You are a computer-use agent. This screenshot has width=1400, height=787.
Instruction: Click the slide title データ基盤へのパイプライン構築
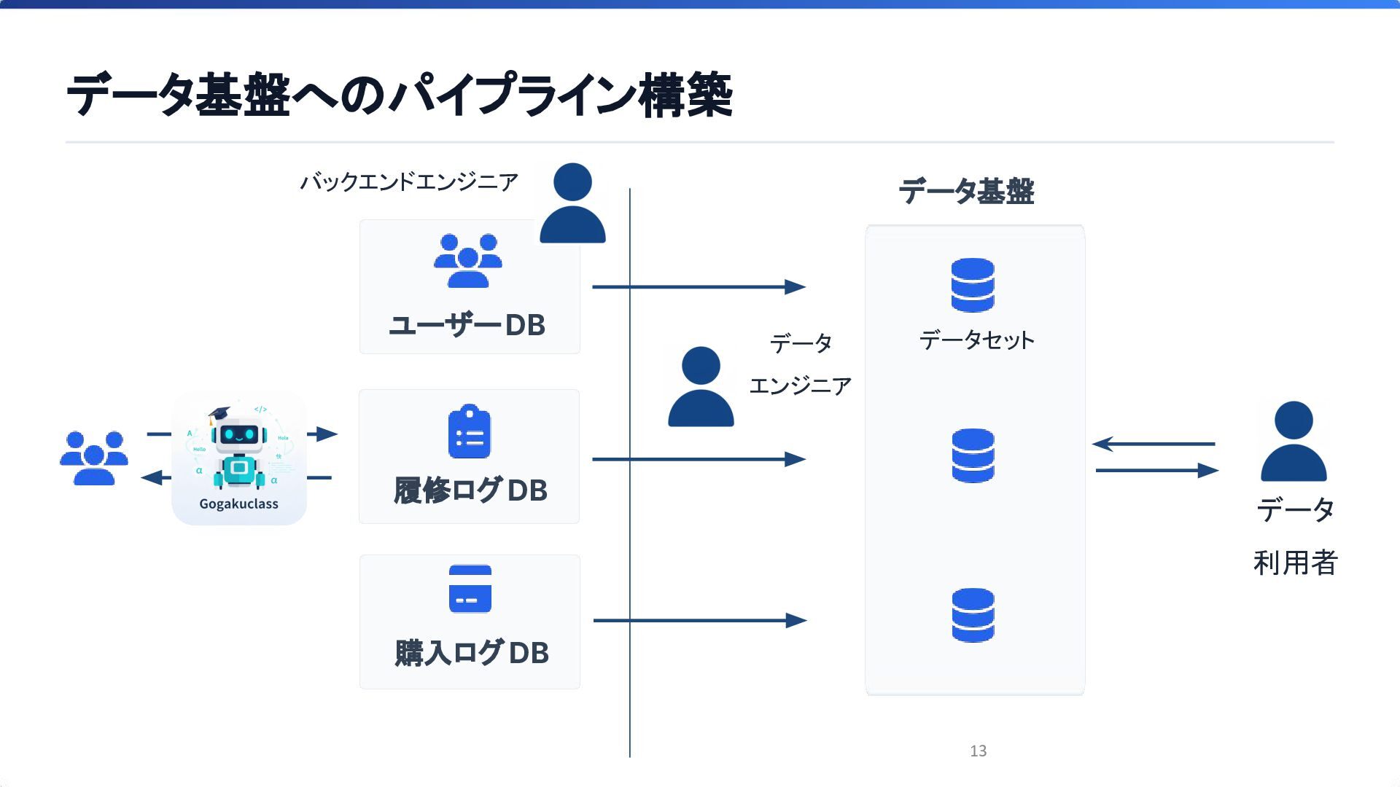click(399, 95)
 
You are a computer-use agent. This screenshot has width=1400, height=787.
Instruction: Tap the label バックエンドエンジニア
click(409, 181)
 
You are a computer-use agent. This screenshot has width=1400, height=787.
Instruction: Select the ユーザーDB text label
click(467, 325)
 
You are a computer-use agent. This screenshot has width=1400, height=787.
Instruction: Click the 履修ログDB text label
click(470, 490)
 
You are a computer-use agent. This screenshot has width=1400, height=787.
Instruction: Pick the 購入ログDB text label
click(472, 653)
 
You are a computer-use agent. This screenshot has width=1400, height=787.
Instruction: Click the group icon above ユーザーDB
click(468, 260)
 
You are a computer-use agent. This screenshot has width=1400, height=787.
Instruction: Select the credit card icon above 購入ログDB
click(470, 589)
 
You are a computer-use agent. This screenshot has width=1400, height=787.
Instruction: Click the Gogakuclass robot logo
click(239, 458)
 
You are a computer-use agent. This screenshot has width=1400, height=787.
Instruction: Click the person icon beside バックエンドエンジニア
click(572, 203)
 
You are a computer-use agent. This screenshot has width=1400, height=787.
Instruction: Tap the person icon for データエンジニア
click(701, 387)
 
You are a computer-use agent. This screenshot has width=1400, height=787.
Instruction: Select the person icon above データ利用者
click(1294, 442)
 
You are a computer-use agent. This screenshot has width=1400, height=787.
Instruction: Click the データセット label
click(976, 340)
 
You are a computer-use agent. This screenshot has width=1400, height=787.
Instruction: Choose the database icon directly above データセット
click(973, 285)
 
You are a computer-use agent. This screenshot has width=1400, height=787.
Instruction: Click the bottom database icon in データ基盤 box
click(973, 615)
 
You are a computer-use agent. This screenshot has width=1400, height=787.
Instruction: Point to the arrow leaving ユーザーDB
click(699, 287)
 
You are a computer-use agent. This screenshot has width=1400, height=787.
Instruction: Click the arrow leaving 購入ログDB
click(700, 620)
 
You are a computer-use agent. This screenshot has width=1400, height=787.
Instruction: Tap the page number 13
click(979, 751)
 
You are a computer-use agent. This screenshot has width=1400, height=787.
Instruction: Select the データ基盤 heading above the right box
click(967, 192)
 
